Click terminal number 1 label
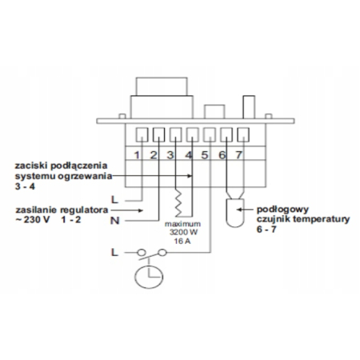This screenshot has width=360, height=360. point(137,155)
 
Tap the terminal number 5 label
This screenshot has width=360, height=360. point(205,155)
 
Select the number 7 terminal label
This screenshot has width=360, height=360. point(239,155)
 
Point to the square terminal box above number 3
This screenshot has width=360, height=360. point(175,135)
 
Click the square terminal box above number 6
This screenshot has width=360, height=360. point(226,135)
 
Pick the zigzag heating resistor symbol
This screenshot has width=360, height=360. point(178,203)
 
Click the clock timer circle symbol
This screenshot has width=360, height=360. point(149,277)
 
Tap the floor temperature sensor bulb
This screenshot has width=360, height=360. point(235,213)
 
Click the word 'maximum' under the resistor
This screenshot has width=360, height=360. point(182,224)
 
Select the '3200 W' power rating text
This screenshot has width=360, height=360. point(183,232)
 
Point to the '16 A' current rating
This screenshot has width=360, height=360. point(182,241)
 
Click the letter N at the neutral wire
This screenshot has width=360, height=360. point(115,221)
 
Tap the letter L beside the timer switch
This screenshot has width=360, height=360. point(114,252)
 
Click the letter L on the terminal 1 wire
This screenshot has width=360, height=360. point(114,200)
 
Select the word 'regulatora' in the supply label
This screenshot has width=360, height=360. point(84,210)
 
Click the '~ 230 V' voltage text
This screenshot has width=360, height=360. point(32,220)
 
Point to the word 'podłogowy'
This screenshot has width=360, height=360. point(282,210)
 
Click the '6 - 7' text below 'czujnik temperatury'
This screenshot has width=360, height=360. point(266,230)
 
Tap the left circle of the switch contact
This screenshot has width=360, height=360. point(142,252)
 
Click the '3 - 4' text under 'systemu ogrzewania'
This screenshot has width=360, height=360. point(25,186)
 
